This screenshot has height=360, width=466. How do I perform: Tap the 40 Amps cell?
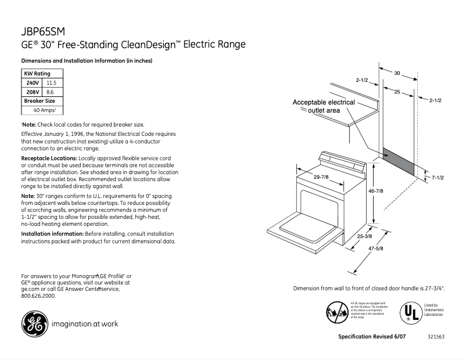tap(43, 110)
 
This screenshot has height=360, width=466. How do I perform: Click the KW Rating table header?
tap(37, 74)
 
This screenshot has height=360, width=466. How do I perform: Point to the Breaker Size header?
tap(39, 101)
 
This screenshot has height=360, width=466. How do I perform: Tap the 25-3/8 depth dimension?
tap(364, 237)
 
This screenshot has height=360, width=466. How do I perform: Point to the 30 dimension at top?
tap(397, 73)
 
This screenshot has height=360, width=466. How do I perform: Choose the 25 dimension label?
tap(396, 92)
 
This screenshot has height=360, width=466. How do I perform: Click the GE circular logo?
tap(34, 323)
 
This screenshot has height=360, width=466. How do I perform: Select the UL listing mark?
tap(409, 313)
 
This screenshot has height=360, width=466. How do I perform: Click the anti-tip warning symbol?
tap(337, 312)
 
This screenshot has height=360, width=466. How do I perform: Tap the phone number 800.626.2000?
tap(38, 296)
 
